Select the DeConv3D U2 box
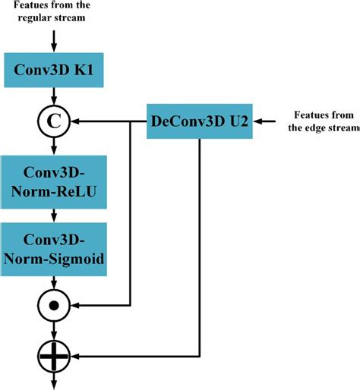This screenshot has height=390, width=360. click(198, 119)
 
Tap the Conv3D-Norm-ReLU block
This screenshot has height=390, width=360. click(52, 182)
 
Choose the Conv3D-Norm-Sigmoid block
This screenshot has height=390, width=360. click(52, 250)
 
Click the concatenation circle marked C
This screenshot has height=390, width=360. click(52, 119)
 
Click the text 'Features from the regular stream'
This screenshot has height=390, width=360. click(52, 11)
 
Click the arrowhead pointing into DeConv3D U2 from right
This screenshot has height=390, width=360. click(257, 119)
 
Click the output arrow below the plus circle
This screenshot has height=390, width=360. click(52, 379)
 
